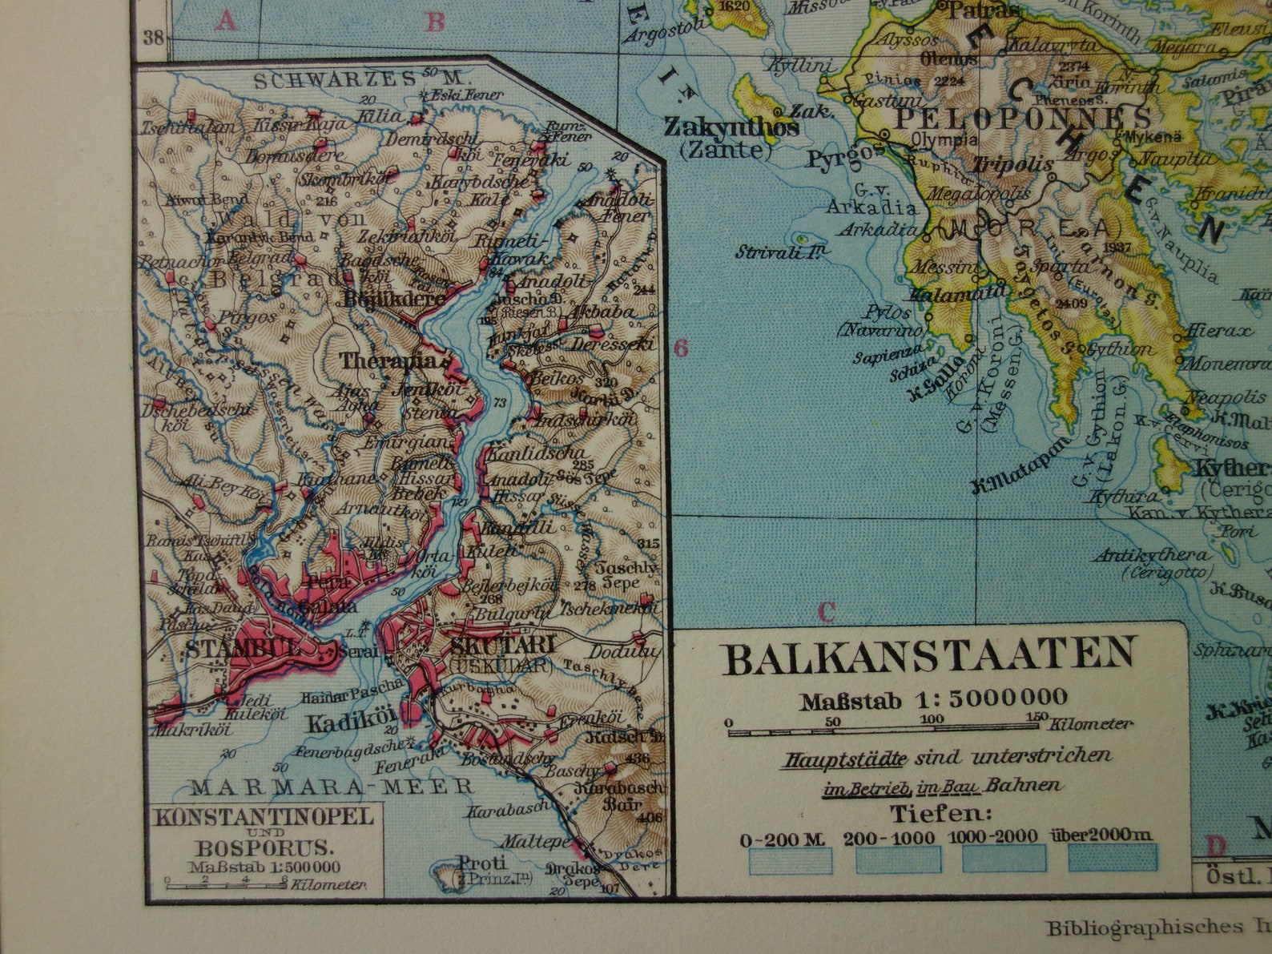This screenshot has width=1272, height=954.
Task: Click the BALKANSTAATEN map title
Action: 929,657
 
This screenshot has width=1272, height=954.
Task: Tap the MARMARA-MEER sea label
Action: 332,787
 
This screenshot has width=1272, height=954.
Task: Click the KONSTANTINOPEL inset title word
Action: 264,817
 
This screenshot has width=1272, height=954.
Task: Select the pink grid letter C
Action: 827,613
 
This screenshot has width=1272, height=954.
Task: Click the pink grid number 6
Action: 681,348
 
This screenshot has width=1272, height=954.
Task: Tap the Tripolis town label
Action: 1012,164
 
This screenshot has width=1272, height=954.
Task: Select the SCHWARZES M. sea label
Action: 359,78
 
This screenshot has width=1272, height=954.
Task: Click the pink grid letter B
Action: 435,21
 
